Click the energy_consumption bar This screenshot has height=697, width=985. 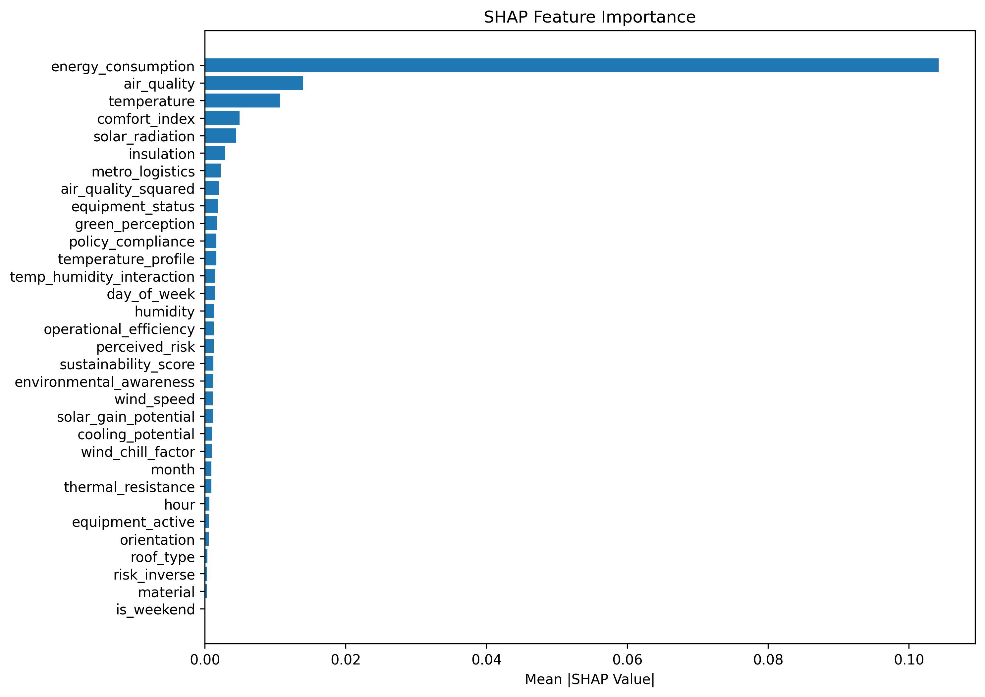pos(572,66)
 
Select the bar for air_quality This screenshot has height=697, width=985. pos(254,83)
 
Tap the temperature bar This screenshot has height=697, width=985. pos(243,101)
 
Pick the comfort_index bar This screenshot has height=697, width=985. pos(222,118)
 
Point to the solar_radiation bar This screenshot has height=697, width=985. pos(221,136)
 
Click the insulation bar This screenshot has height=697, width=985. pos(215,153)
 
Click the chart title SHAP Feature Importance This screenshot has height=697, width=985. pos(589,17)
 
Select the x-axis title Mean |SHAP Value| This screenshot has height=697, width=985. pos(589,679)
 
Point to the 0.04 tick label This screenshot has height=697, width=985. pos(486,660)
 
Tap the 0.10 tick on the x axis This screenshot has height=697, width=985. pos(909,660)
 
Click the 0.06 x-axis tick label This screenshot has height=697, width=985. pos(627,660)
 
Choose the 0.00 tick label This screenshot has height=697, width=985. pos(205,660)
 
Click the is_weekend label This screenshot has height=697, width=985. pos(155,609)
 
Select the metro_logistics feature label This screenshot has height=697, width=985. pos(143,172)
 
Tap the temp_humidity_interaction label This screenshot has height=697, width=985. pos(102,277)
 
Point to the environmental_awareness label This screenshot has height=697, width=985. pos(105,382)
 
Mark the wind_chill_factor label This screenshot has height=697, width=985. pos(138,452)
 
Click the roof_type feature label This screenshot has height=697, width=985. pos(163,557)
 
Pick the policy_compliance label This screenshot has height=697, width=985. pos(132,242)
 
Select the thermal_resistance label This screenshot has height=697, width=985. pos(129,487)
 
